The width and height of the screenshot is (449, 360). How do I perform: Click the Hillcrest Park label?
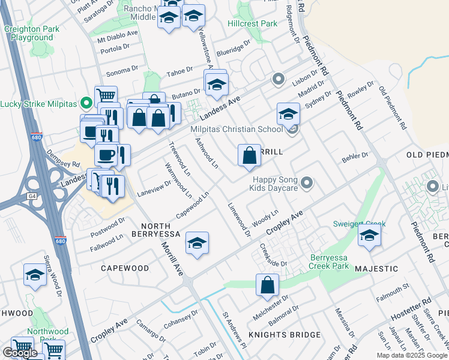(252, 23)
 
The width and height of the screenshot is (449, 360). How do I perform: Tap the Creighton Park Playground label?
(31, 33)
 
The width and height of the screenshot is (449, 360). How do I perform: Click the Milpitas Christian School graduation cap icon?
(288, 114)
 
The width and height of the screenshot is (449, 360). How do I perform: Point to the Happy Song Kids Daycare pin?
(307, 182)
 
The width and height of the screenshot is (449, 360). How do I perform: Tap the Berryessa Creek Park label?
(329, 261)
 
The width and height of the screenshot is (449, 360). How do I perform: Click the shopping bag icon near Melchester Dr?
(268, 285)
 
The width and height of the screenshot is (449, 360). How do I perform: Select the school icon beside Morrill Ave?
(197, 243)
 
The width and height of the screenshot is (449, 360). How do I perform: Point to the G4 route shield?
(31, 196)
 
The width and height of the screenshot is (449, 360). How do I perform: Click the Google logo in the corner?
(20, 353)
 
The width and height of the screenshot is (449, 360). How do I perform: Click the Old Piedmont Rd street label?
(393, 109)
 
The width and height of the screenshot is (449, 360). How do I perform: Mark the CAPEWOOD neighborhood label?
(124, 268)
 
